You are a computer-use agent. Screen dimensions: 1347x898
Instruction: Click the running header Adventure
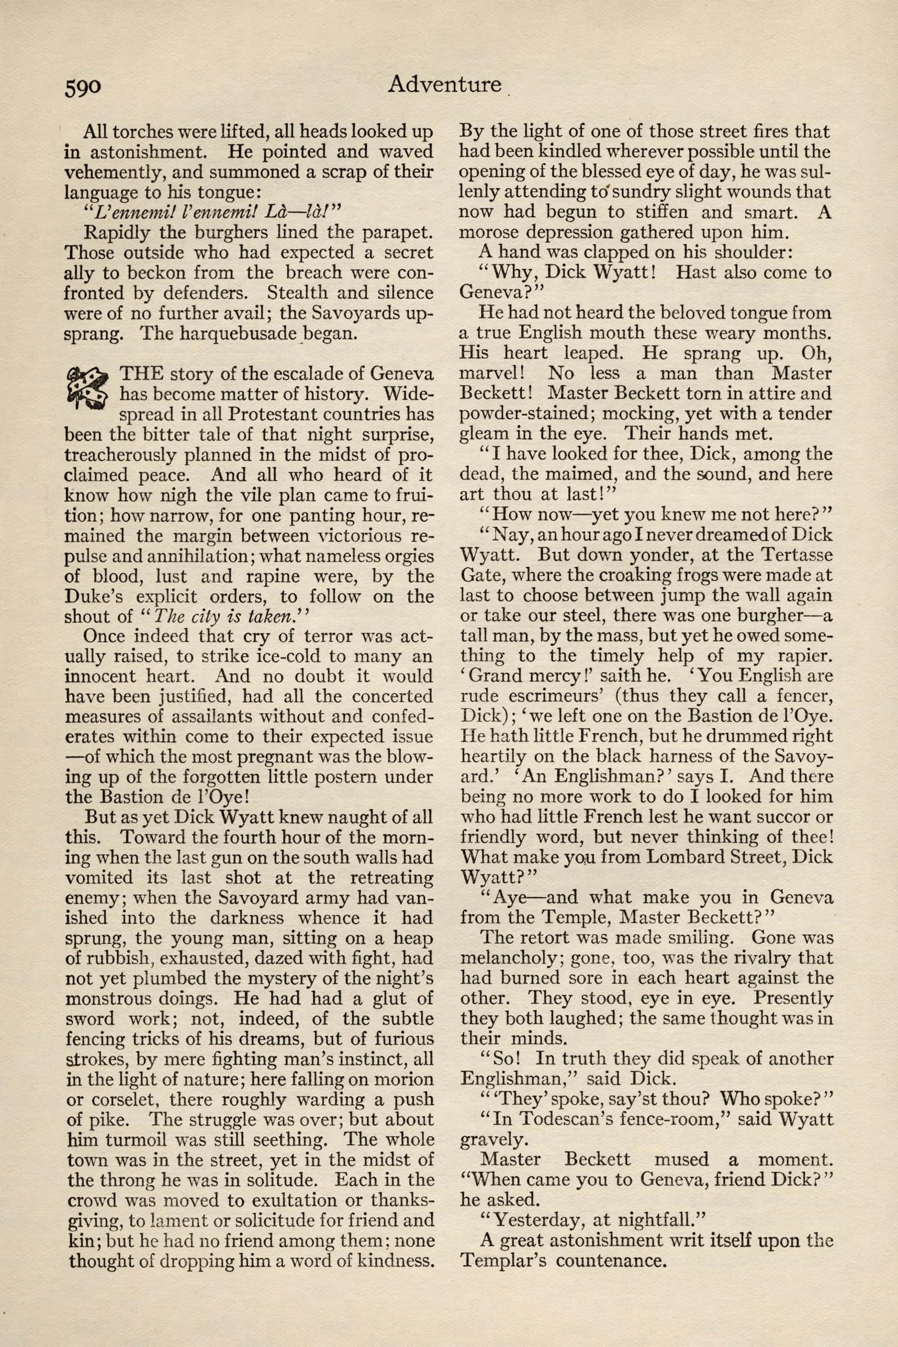444,84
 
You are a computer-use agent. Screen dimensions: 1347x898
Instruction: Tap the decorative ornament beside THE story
87,388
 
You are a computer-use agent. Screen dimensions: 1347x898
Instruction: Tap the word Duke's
95,597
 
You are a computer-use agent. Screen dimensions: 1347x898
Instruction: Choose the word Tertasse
790,555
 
